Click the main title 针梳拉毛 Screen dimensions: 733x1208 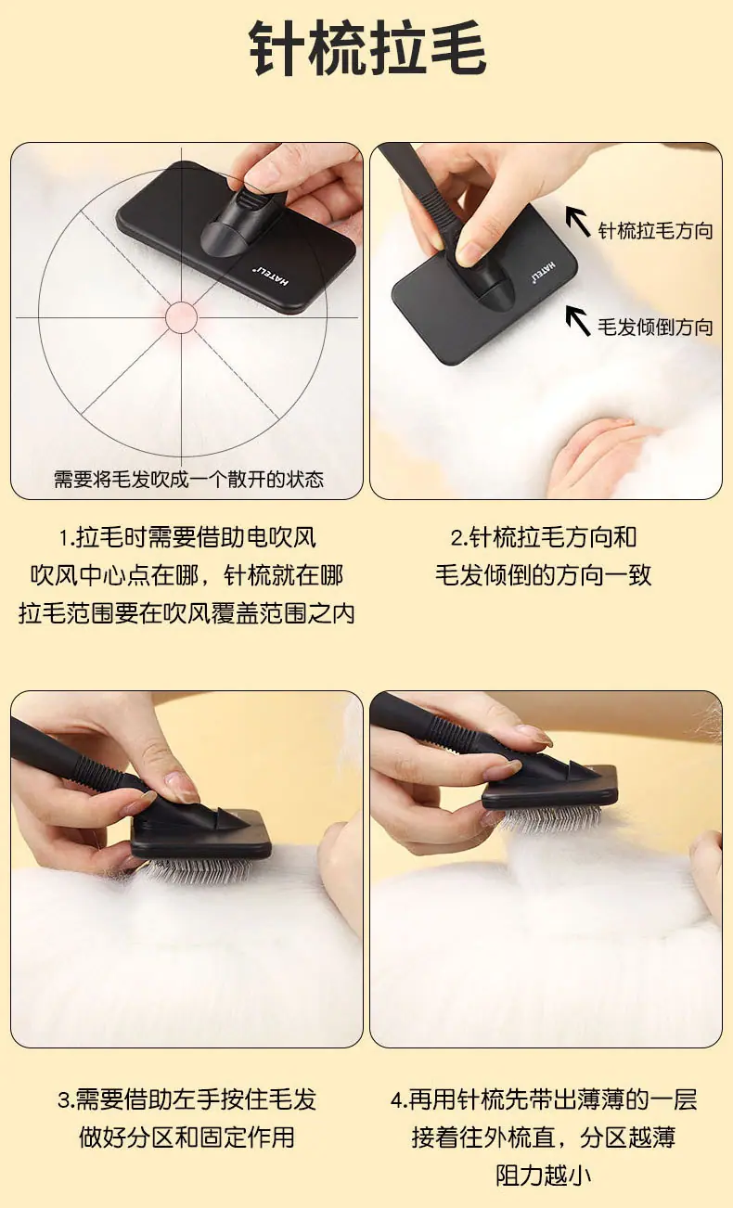pyautogui.click(x=367, y=48)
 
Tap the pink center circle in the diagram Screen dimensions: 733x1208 pyautogui.click(x=181, y=317)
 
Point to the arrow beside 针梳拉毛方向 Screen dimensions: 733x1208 pyautogui.click(x=578, y=222)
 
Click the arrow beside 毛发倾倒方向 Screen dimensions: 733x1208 pyautogui.click(x=578, y=321)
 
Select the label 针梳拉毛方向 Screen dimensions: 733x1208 pyautogui.click(x=655, y=230)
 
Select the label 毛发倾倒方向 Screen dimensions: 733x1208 pyautogui.click(x=655, y=327)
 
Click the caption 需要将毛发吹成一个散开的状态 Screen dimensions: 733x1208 pyautogui.click(x=188, y=479)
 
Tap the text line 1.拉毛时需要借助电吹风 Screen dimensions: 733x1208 pyautogui.click(x=187, y=538)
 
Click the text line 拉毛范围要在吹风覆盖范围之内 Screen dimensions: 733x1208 pyautogui.click(x=186, y=613)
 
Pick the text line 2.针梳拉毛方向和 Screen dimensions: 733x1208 pyautogui.click(x=544, y=538)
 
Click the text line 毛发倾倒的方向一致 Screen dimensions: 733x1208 pyautogui.click(x=544, y=575)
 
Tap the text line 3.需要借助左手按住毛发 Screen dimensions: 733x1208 pyautogui.click(x=186, y=1099)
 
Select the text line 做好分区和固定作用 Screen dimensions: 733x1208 pyautogui.click(x=186, y=1137)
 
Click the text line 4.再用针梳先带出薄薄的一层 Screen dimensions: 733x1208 pyautogui.click(x=544, y=1099)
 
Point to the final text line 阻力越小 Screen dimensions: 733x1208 pyautogui.click(x=544, y=1176)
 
